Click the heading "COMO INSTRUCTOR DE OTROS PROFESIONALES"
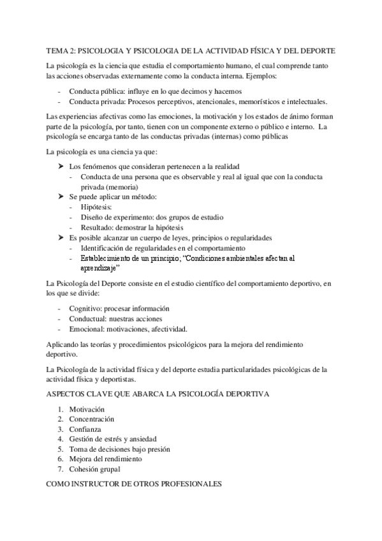pos(134,484)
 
